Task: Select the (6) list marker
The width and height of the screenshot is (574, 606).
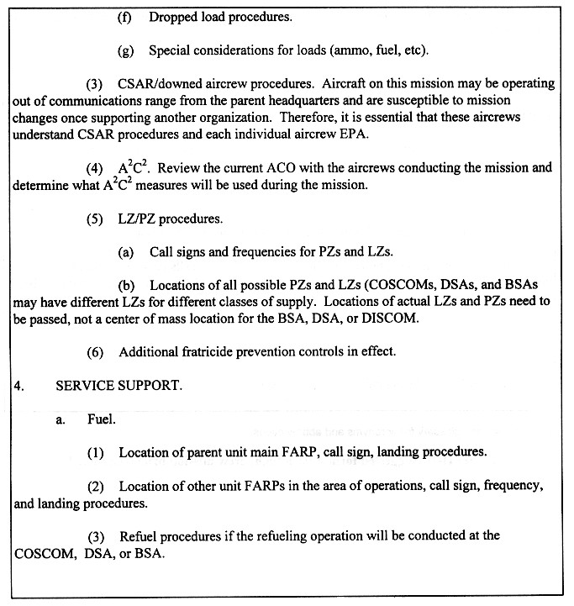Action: [x=95, y=351]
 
